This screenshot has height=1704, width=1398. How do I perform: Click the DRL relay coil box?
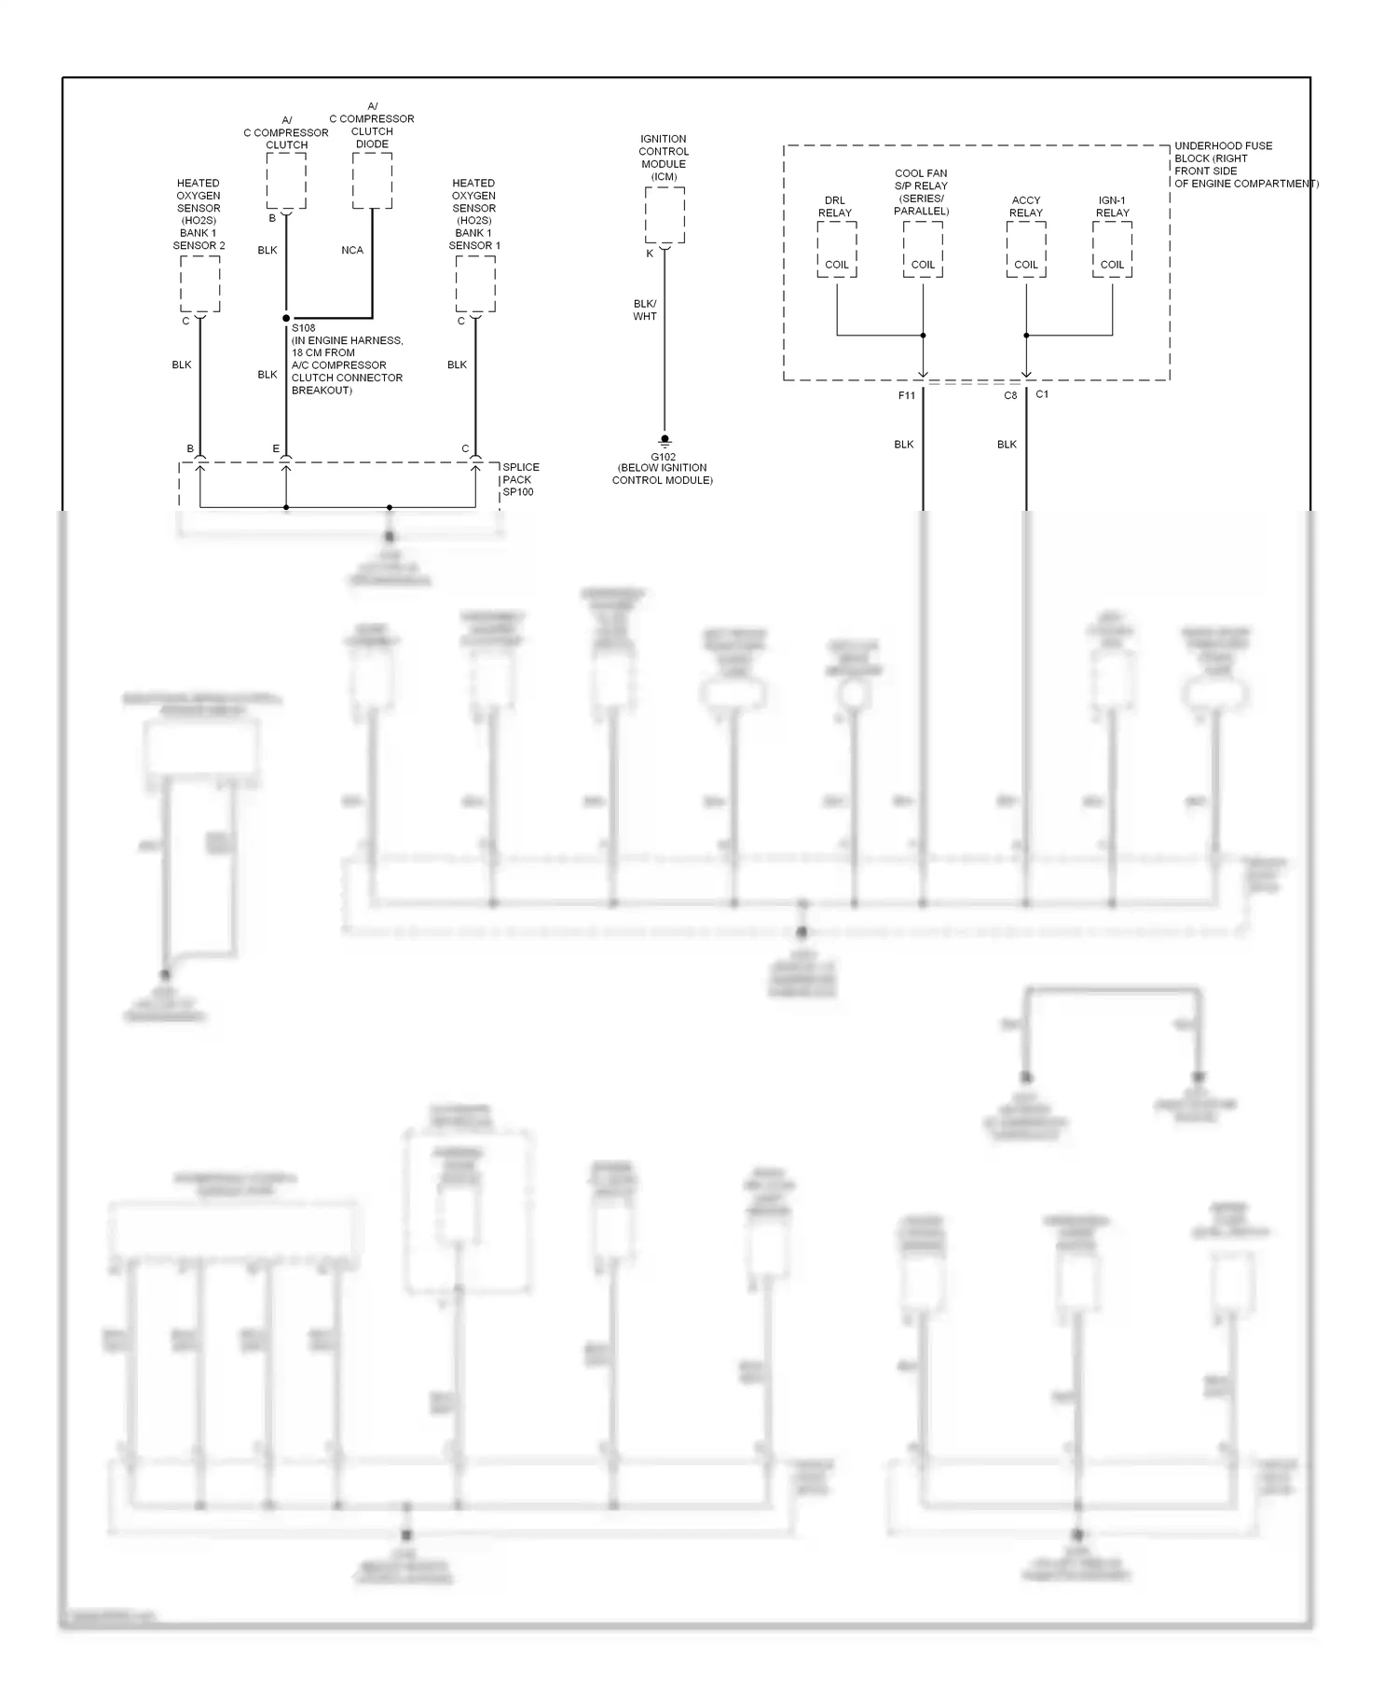pyautogui.click(x=836, y=250)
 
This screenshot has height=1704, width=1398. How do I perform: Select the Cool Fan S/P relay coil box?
pyautogui.click(x=923, y=250)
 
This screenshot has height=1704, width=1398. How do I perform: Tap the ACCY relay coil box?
pyautogui.click(x=1026, y=250)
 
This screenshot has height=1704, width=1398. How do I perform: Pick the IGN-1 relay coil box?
pyautogui.click(x=1112, y=250)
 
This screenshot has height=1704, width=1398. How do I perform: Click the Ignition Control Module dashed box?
pyautogui.click(x=665, y=214)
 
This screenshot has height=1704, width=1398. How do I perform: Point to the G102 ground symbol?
pyautogui.click(x=665, y=441)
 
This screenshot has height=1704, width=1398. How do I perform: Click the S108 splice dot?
pyautogui.click(x=286, y=319)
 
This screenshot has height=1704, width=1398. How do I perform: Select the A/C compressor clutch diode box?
pyautogui.click(x=372, y=181)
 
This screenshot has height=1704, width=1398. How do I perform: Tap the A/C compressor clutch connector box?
pyautogui.click(x=286, y=181)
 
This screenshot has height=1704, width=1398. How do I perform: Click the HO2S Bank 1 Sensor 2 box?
pyautogui.click(x=199, y=283)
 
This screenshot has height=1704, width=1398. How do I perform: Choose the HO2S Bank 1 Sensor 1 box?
pyautogui.click(x=475, y=283)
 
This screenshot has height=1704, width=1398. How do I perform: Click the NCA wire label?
pyautogui.click(x=352, y=251)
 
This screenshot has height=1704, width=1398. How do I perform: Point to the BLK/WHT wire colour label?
pyautogui.click(x=645, y=310)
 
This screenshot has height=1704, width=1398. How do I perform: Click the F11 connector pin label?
pyautogui.click(x=907, y=395)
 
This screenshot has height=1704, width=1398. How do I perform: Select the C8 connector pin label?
pyautogui.click(x=1010, y=395)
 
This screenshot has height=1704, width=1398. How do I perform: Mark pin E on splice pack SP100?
pyautogui.click(x=276, y=449)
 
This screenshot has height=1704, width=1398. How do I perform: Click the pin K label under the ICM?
pyautogui.click(x=651, y=254)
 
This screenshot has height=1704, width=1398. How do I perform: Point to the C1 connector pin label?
pyautogui.click(x=1042, y=394)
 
